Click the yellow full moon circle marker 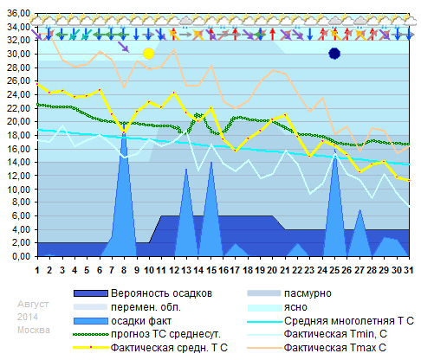[x=148, y=54]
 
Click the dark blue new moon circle [x=334, y=54]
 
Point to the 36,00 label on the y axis [x=18, y=14]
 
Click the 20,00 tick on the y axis [x=18, y=122]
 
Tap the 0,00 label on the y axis [x=21, y=257]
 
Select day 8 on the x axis [x=124, y=269]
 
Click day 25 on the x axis [x=334, y=269]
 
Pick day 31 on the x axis [x=407, y=269]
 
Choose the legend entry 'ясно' [x=297, y=307]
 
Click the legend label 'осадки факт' [x=140, y=321]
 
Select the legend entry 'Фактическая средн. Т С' [x=169, y=348]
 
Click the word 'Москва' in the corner [x=34, y=331]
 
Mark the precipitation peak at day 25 [x=334, y=154]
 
